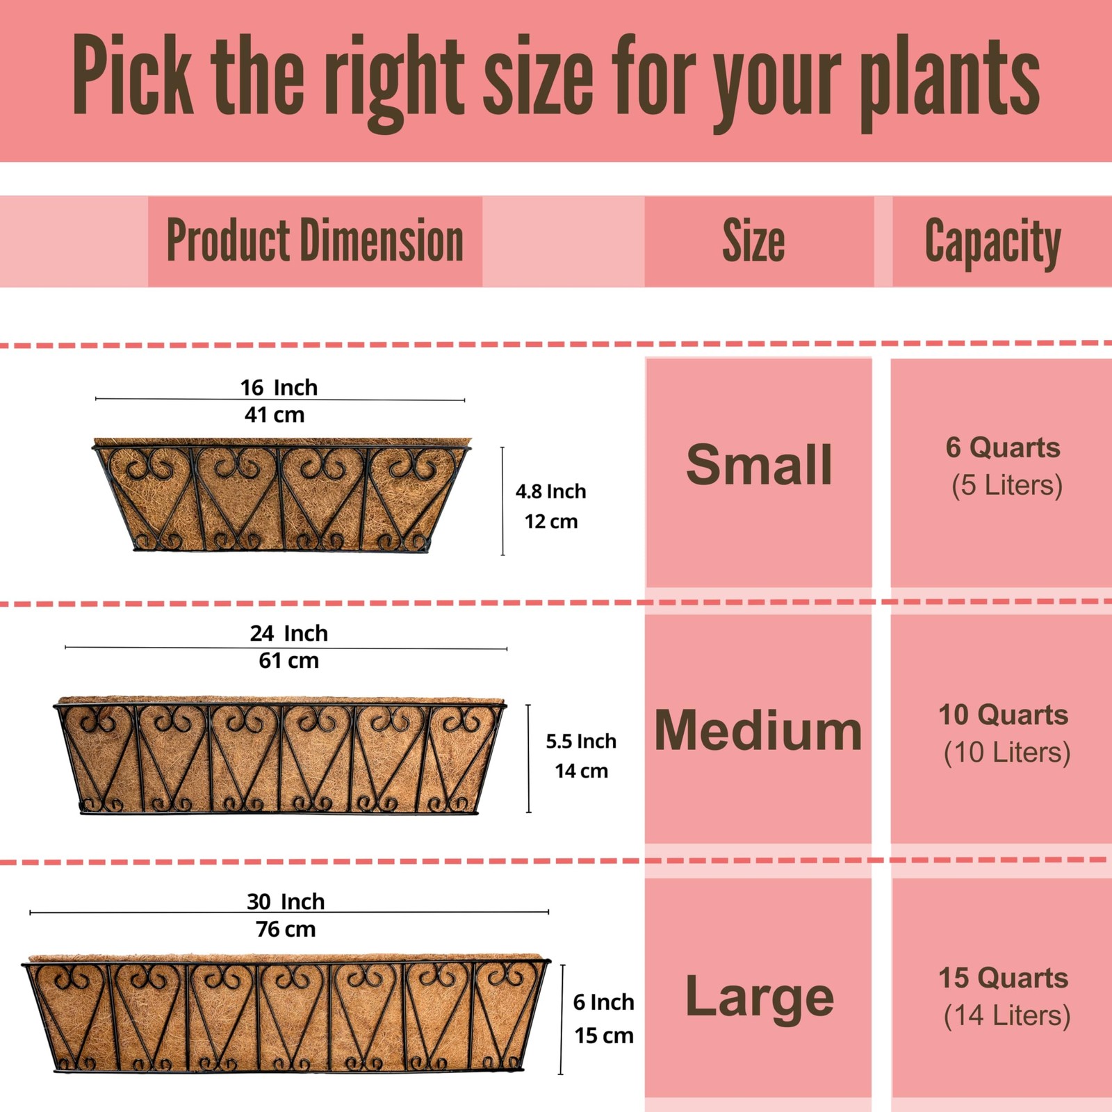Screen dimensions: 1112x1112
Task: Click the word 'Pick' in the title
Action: click(132, 75)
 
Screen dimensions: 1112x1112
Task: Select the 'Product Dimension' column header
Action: click(315, 240)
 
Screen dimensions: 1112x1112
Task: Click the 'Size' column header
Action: click(753, 240)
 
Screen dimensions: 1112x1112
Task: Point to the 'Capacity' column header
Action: click(992, 242)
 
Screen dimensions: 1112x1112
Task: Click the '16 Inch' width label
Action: click(279, 387)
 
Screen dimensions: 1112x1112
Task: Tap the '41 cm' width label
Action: click(275, 415)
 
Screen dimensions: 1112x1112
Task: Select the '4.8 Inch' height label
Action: click(550, 491)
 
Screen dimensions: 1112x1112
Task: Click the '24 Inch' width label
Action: click(288, 633)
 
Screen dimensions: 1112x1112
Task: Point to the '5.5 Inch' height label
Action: click(581, 741)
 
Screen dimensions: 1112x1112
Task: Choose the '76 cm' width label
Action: click(286, 929)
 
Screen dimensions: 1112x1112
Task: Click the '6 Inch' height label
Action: click(603, 1002)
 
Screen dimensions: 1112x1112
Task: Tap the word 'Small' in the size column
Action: click(758, 464)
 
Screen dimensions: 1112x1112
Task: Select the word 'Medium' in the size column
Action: click(758, 730)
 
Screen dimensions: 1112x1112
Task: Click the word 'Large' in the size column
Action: click(759, 997)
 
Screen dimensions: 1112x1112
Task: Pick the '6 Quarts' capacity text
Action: click(1003, 448)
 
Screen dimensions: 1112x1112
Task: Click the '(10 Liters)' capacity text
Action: click(1006, 752)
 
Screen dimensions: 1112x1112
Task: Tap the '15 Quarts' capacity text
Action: click(1003, 978)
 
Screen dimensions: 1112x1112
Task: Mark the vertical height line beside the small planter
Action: click(502, 501)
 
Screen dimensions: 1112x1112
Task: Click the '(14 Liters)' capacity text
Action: click(1006, 1015)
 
